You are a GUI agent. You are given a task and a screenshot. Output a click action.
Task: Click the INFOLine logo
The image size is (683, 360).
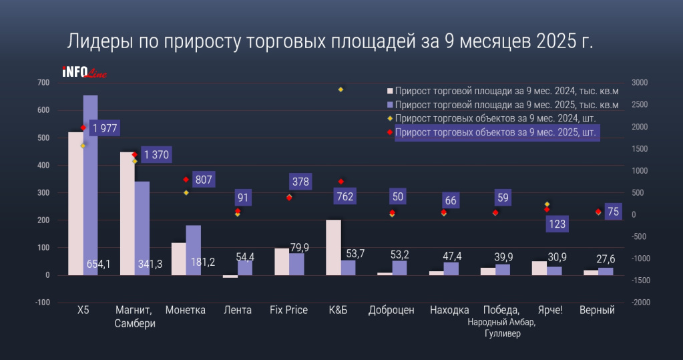(83, 72)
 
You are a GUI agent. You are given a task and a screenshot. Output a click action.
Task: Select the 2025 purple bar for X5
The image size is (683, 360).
(90, 187)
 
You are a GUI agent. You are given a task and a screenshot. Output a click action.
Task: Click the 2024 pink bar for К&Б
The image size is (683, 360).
(333, 247)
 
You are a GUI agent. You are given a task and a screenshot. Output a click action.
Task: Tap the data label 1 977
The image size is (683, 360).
(104, 128)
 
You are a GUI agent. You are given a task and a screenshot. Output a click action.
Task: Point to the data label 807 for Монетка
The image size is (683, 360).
(204, 179)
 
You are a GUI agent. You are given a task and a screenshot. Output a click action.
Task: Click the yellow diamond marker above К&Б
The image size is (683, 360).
(340, 89)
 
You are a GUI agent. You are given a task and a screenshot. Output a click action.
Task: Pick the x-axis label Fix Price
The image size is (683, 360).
(288, 311)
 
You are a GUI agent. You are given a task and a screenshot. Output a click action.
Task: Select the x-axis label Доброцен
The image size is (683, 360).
(391, 311)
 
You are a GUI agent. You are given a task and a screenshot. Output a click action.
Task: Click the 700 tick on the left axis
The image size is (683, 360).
(43, 83)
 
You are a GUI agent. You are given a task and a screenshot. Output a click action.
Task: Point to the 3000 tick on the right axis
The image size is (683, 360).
(640, 83)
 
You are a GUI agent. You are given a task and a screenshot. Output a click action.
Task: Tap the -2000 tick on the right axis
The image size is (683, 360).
(640, 303)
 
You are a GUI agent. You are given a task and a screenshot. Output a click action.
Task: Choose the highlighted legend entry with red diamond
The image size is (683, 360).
(496, 133)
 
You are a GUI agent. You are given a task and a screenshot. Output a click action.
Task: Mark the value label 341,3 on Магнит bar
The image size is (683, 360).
(149, 264)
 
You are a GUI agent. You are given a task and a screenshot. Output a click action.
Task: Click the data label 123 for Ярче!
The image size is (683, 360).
(557, 224)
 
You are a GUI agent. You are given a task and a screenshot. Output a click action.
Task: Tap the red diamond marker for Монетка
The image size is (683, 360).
(186, 180)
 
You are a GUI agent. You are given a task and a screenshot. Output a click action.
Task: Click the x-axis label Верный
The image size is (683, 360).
(598, 311)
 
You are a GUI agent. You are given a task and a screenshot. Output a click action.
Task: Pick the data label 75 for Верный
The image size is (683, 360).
(614, 212)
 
